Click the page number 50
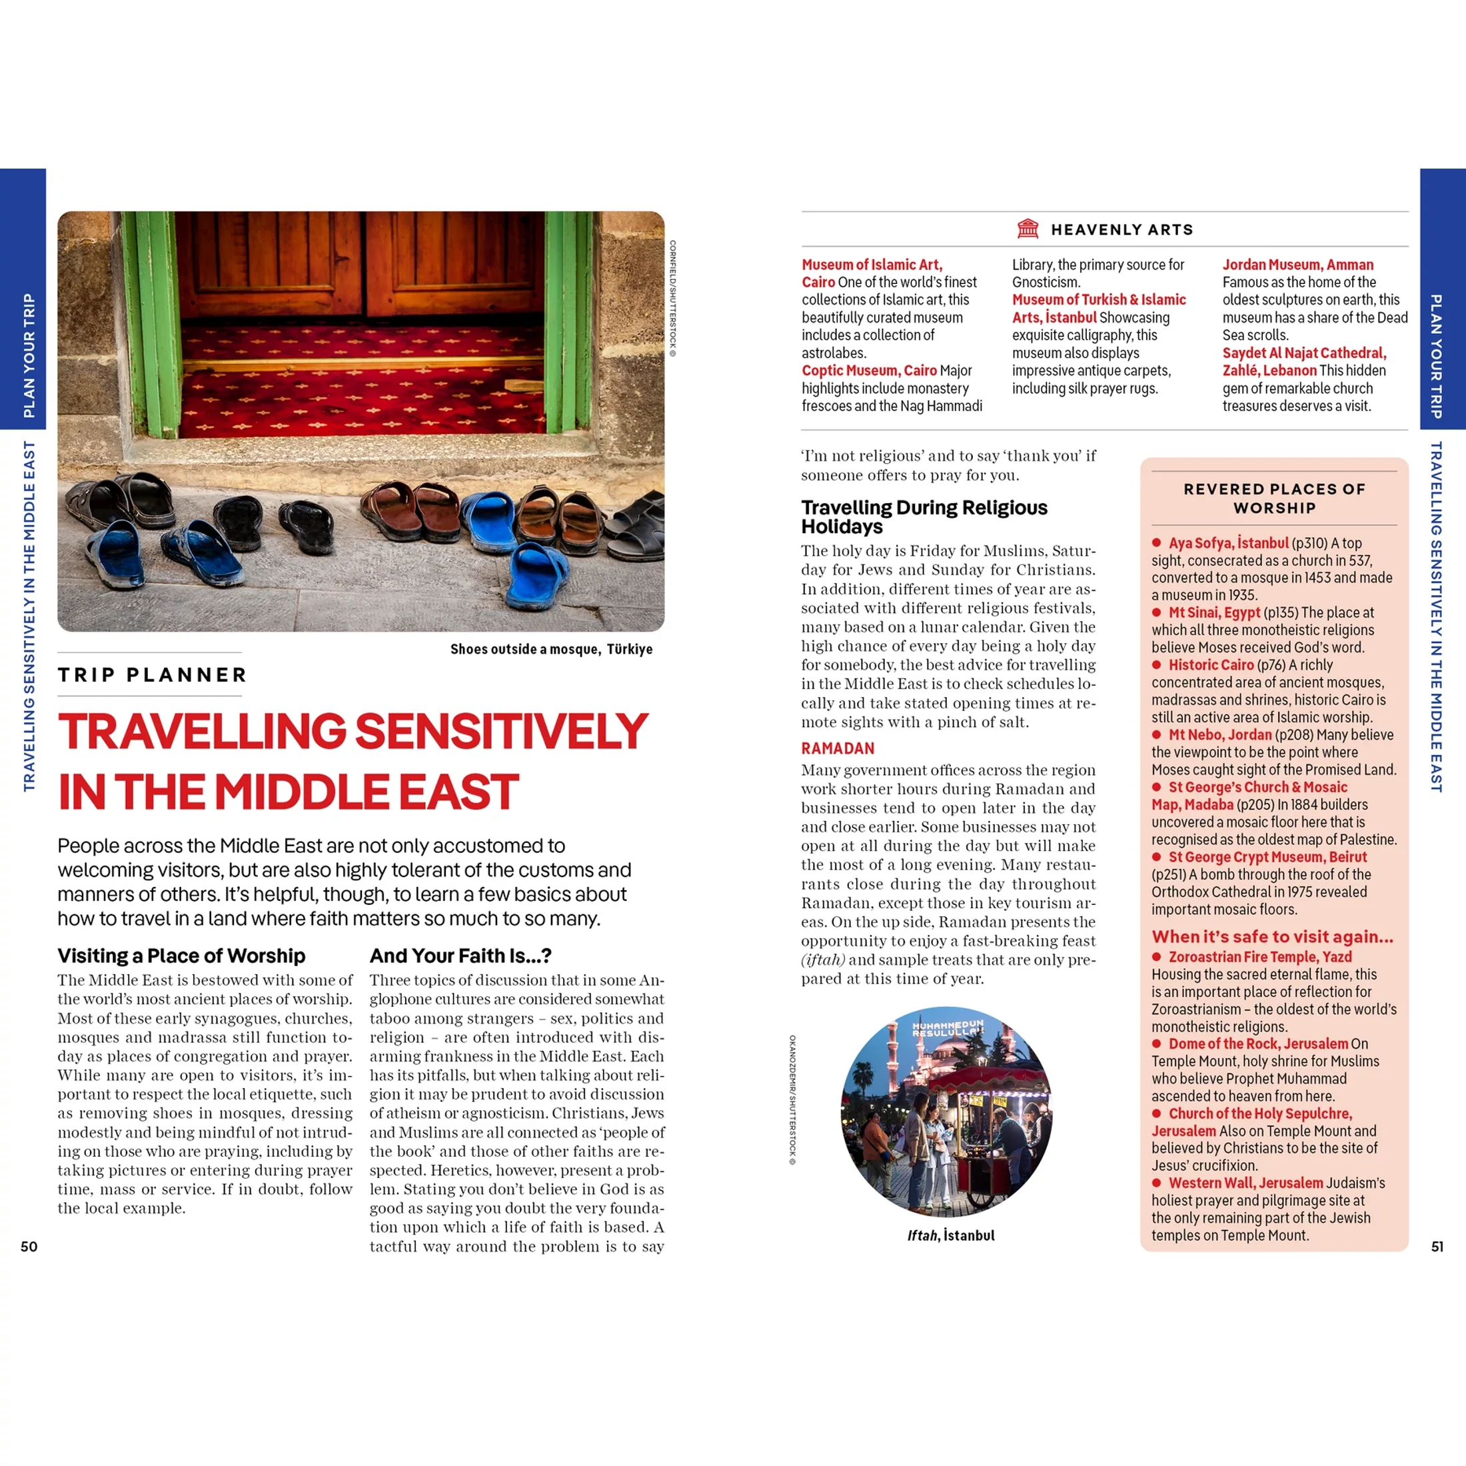point(29,1247)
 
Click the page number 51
point(1437,1247)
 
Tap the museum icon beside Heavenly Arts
point(1028,229)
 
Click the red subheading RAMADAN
point(838,748)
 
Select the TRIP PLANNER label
point(153,674)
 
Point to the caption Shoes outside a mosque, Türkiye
point(551,649)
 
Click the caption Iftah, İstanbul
point(950,1235)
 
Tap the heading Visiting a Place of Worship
point(181,956)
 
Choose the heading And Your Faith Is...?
point(460,956)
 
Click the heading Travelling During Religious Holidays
point(924,516)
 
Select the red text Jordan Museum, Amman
point(1297,265)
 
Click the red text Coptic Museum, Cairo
point(869,370)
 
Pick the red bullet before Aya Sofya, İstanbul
point(1156,542)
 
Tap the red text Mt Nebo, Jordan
point(1219,734)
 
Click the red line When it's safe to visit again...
point(1271,936)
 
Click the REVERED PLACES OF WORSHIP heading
point(1274,498)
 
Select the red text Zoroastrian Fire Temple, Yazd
point(1259,957)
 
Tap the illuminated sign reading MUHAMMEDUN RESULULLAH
point(947,1029)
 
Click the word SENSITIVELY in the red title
point(501,731)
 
